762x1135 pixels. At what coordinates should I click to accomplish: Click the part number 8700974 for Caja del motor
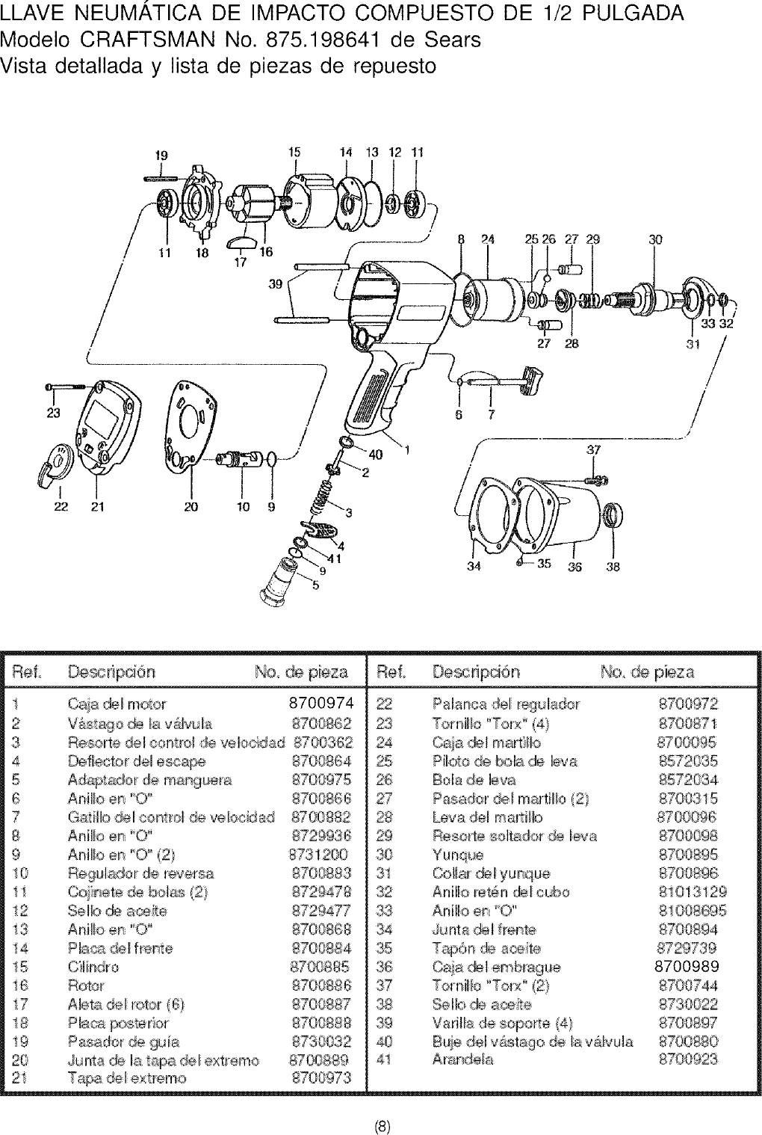(320, 704)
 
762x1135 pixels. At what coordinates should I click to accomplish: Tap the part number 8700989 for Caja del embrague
(687, 966)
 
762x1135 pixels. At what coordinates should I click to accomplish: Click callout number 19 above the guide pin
(161, 156)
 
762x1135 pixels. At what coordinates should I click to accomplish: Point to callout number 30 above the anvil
(655, 240)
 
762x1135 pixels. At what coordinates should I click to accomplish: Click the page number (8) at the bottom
(381, 1126)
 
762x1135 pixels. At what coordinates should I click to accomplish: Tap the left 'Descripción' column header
(111, 671)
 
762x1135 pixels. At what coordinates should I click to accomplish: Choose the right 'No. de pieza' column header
(647, 671)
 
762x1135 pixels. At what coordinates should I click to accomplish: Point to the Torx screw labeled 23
(67, 387)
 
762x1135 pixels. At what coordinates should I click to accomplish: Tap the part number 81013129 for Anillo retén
(692, 892)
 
